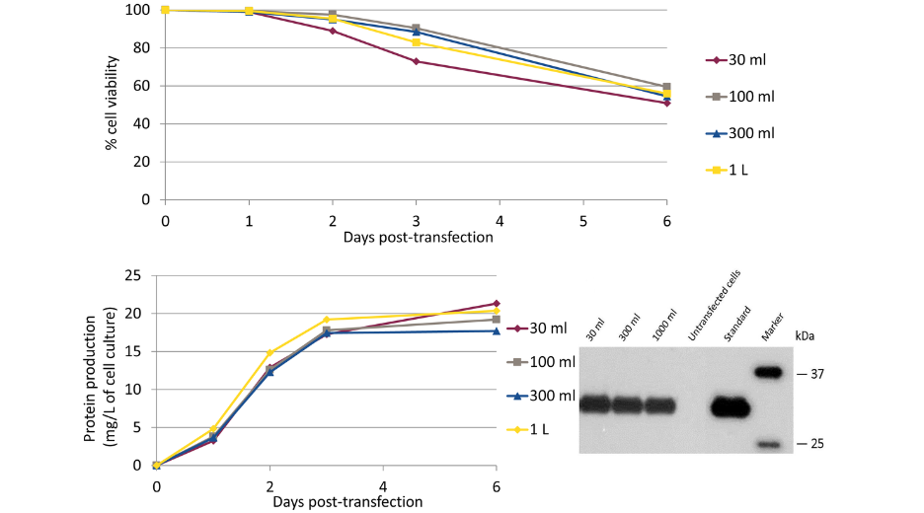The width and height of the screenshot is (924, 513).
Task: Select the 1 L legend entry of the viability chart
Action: (734, 170)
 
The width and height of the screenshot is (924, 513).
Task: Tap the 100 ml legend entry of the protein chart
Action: (548, 362)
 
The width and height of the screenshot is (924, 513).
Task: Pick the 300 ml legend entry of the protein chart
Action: (548, 396)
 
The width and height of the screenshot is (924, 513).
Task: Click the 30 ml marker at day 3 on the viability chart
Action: (417, 61)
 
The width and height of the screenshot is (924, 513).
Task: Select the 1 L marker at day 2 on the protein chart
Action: (269, 352)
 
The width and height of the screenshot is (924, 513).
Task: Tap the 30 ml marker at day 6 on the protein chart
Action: (496, 303)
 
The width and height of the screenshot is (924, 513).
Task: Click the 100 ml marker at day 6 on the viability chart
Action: (667, 87)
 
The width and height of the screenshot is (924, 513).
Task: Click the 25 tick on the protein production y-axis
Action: (135, 275)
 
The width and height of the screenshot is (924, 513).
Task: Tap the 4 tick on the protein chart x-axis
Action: (382, 483)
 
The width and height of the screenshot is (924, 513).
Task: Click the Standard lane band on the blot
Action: (731, 405)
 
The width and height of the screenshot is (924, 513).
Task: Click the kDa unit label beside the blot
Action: (807, 336)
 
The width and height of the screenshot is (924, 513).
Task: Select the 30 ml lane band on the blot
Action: (595, 403)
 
